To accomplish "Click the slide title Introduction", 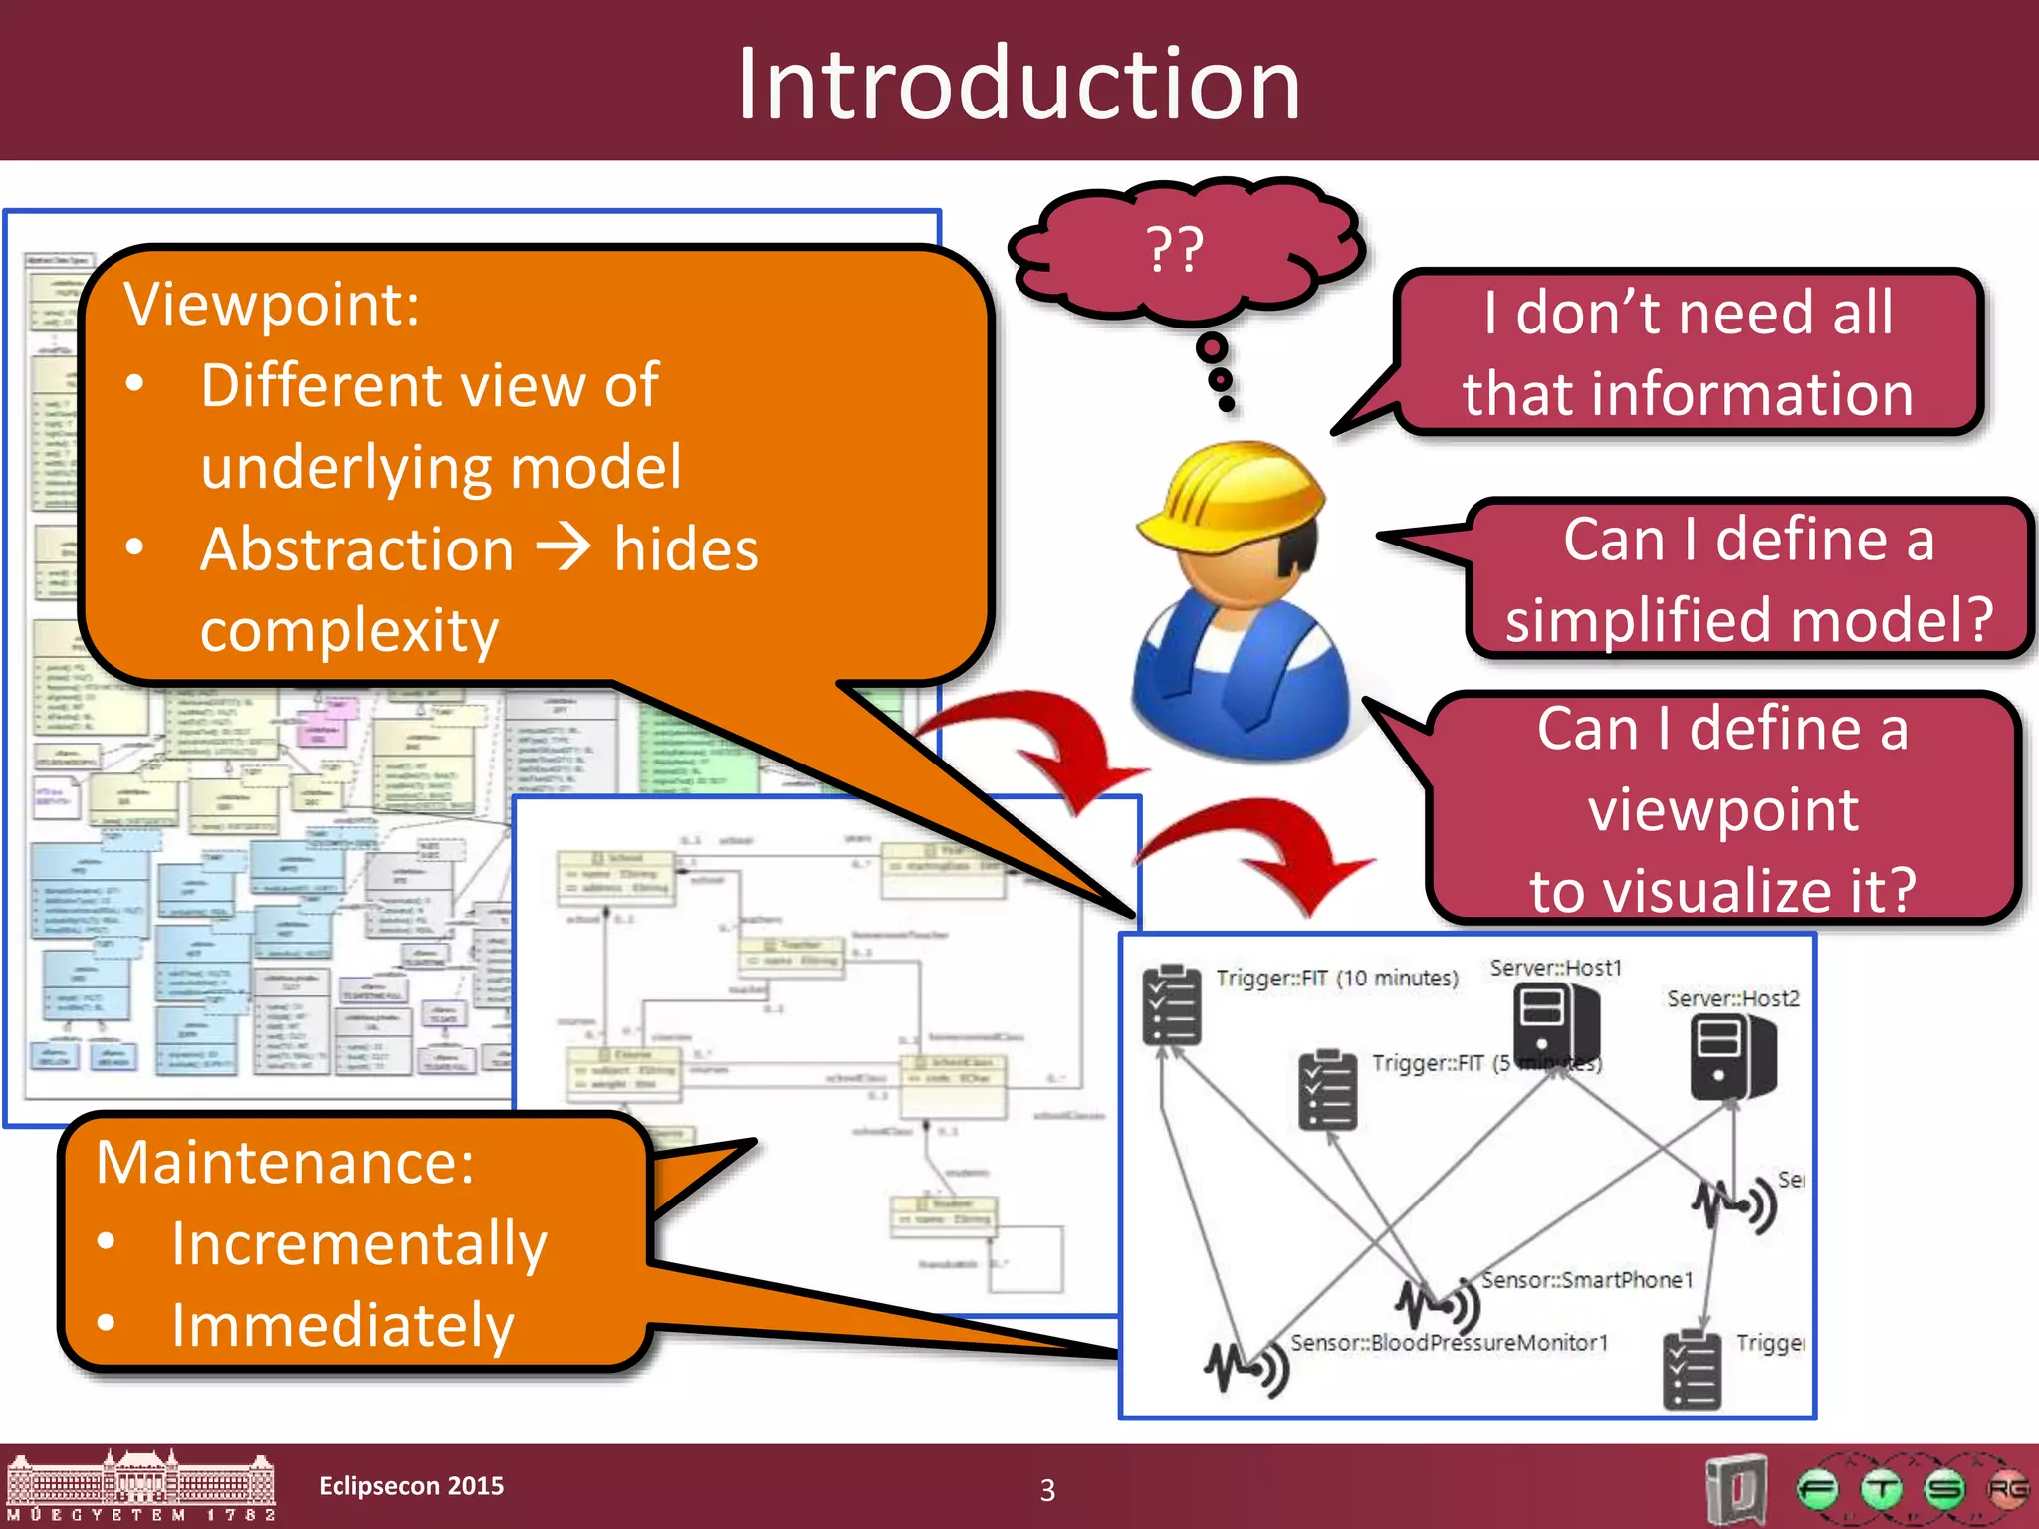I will tap(1018, 85).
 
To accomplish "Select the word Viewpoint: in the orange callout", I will tap(272, 304).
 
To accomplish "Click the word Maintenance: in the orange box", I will tap(285, 1162).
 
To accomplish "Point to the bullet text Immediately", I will tap(342, 1325).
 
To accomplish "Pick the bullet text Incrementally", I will tap(358, 1243).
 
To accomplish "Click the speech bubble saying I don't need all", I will tap(1688, 351).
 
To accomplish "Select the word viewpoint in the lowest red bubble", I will tap(1722, 808).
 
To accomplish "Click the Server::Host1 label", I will tap(1555, 968).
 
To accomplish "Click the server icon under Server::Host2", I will tap(1731, 1057).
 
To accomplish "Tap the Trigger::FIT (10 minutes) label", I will tap(1336, 978).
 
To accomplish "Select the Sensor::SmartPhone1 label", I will tap(1586, 1279).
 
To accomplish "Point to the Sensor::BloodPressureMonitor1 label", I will tap(1449, 1342).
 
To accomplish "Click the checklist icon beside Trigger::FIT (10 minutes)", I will tap(1172, 1005).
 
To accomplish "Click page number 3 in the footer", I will tap(1047, 1490).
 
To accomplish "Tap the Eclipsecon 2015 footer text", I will tap(411, 1486).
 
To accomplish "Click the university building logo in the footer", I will tap(139, 1486).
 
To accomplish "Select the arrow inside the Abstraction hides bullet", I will tap(564, 548).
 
